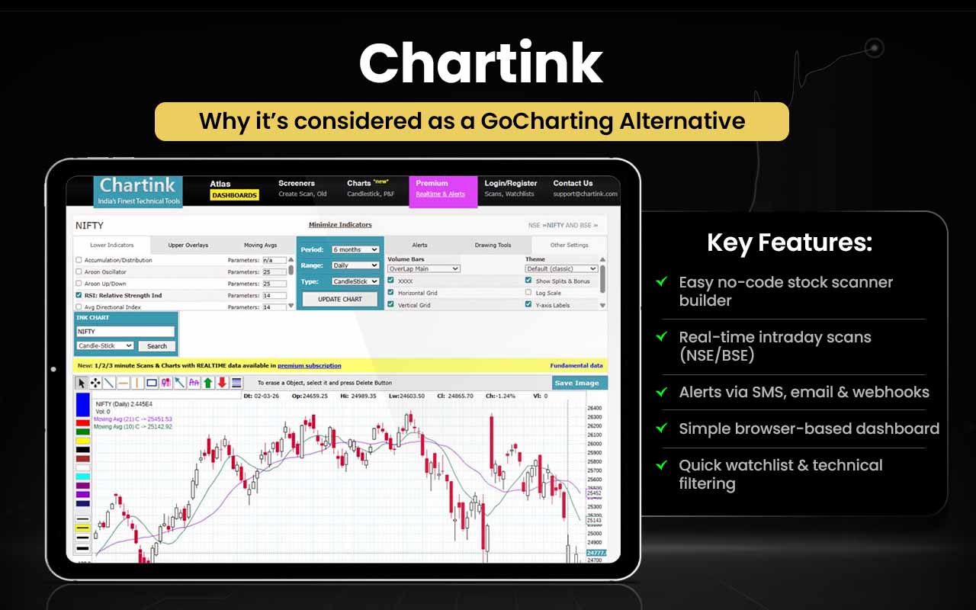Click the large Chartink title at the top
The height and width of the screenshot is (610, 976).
coord(481,64)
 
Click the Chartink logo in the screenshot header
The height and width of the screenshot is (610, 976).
coord(138,191)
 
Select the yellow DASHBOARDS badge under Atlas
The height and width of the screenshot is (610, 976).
coord(234,195)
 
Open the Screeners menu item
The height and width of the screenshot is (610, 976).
coord(297,184)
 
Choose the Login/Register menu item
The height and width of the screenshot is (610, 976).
coord(511,184)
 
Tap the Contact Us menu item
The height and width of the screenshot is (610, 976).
coord(573,184)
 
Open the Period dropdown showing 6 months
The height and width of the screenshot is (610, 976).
coord(355,250)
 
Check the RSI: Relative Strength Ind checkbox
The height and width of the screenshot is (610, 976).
coord(79,295)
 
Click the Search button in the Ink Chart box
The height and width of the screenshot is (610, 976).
coord(157,346)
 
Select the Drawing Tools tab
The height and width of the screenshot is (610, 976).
coord(493,246)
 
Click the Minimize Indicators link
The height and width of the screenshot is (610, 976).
coord(340,225)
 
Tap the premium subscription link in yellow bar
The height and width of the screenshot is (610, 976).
coord(309,366)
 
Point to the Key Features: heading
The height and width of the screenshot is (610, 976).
coord(789,243)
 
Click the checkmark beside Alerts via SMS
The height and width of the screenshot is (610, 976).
coord(662,392)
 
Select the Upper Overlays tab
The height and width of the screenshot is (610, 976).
coord(188,246)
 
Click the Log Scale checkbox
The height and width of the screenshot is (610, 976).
coord(528,293)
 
